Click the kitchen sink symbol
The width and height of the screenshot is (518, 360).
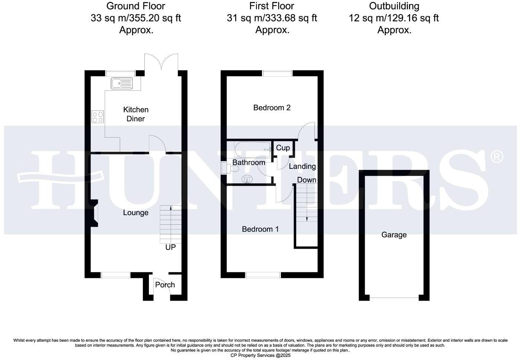tap(122, 83)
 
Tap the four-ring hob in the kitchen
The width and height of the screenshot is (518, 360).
tap(97, 117)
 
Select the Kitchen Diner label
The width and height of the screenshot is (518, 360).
tap(136, 114)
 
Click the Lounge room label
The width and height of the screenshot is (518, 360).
tap(136, 213)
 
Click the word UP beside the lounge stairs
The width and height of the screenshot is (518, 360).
tap(170, 247)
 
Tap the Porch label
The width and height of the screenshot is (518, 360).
tap(165, 285)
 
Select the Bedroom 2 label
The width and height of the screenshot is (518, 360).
tap(272, 108)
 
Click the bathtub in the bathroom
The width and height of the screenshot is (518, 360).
tap(252, 150)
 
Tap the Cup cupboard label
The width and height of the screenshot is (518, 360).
tap(283, 148)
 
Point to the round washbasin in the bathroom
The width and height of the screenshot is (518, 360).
tap(247, 180)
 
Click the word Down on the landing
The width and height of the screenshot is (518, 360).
tap(307, 180)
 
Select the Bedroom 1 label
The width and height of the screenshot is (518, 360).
tap(260, 229)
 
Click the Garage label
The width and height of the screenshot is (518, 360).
tap(394, 235)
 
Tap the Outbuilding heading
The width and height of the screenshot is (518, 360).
tap(394, 6)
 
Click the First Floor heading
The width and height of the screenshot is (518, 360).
tap(272, 6)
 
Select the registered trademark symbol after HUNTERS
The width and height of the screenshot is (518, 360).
tap(497, 157)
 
